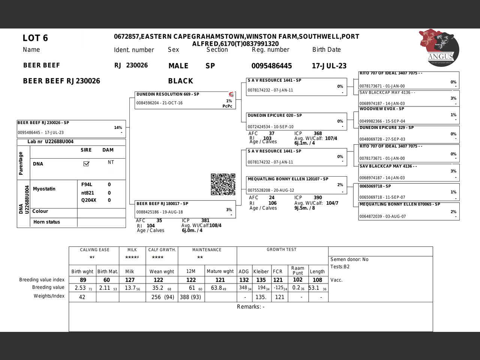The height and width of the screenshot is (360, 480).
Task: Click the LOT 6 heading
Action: tap(35, 38)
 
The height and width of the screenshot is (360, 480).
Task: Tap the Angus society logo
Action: tap(439, 48)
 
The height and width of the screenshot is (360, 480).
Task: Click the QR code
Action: tap(223, 184)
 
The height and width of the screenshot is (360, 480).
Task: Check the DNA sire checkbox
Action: tap(86, 163)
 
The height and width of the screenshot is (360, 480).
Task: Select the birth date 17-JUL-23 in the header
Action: tap(329, 66)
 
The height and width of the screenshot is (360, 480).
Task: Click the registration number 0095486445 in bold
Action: tap(271, 66)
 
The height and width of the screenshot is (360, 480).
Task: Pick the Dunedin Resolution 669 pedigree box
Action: tap(185, 100)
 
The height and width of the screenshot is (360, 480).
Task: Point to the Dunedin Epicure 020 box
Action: tap(296, 121)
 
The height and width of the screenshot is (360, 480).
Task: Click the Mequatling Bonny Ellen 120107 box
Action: tap(296, 185)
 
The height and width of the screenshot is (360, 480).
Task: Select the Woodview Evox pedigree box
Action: tap(409, 115)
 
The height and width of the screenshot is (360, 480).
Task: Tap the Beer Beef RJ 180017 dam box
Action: tap(185, 209)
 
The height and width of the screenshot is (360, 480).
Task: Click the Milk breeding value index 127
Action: tap(130, 280)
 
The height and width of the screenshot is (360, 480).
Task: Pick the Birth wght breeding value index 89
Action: tap(83, 280)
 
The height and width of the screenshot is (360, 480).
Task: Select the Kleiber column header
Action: tap(261, 271)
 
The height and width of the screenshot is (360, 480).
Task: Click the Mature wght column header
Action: tap(220, 271)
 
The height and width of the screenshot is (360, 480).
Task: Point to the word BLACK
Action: tap(180, 81)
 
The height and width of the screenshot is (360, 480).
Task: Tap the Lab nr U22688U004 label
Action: tap(50, 142)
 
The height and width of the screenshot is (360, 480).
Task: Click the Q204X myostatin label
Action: tap(89, 200)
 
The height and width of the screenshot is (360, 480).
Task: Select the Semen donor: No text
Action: tap(349, 259)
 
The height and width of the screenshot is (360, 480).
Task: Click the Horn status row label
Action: tap(46, 222)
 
